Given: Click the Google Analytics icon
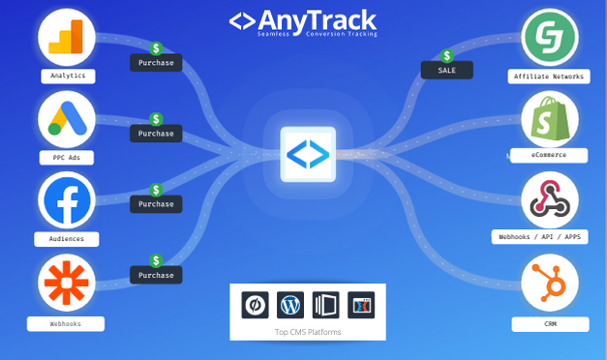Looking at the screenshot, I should [67, 37].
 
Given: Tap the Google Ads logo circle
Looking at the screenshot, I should [67, 119].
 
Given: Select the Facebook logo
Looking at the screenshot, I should [67, 200].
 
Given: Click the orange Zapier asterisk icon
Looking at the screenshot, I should [67, 283].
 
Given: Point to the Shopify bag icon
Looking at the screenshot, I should [549, 120].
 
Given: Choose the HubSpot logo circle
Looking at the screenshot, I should [549, 283].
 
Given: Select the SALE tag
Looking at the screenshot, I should [447, 70].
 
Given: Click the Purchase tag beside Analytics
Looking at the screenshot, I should [155, 63].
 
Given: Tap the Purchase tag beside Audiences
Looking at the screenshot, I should [155, 204].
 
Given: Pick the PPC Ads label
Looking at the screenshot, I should [68, 157].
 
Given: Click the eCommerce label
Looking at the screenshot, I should [549, 155].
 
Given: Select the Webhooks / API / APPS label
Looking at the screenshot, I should [549, 236].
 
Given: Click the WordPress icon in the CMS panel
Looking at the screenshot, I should [290, 305].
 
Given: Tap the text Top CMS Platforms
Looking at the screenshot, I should [308, 332].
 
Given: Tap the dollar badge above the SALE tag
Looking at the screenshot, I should [446, 55].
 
